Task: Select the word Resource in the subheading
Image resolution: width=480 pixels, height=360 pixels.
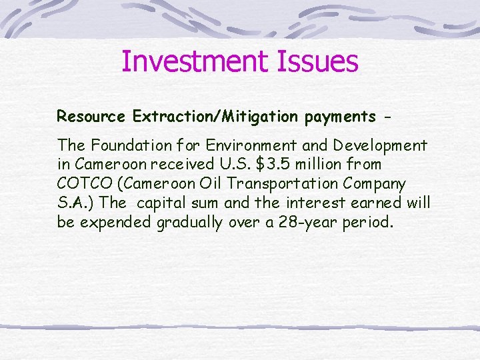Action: pos(91,117)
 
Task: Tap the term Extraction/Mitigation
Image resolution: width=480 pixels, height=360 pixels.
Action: pos(215,117)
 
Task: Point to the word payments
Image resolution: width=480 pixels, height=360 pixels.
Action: pos(340,117)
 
